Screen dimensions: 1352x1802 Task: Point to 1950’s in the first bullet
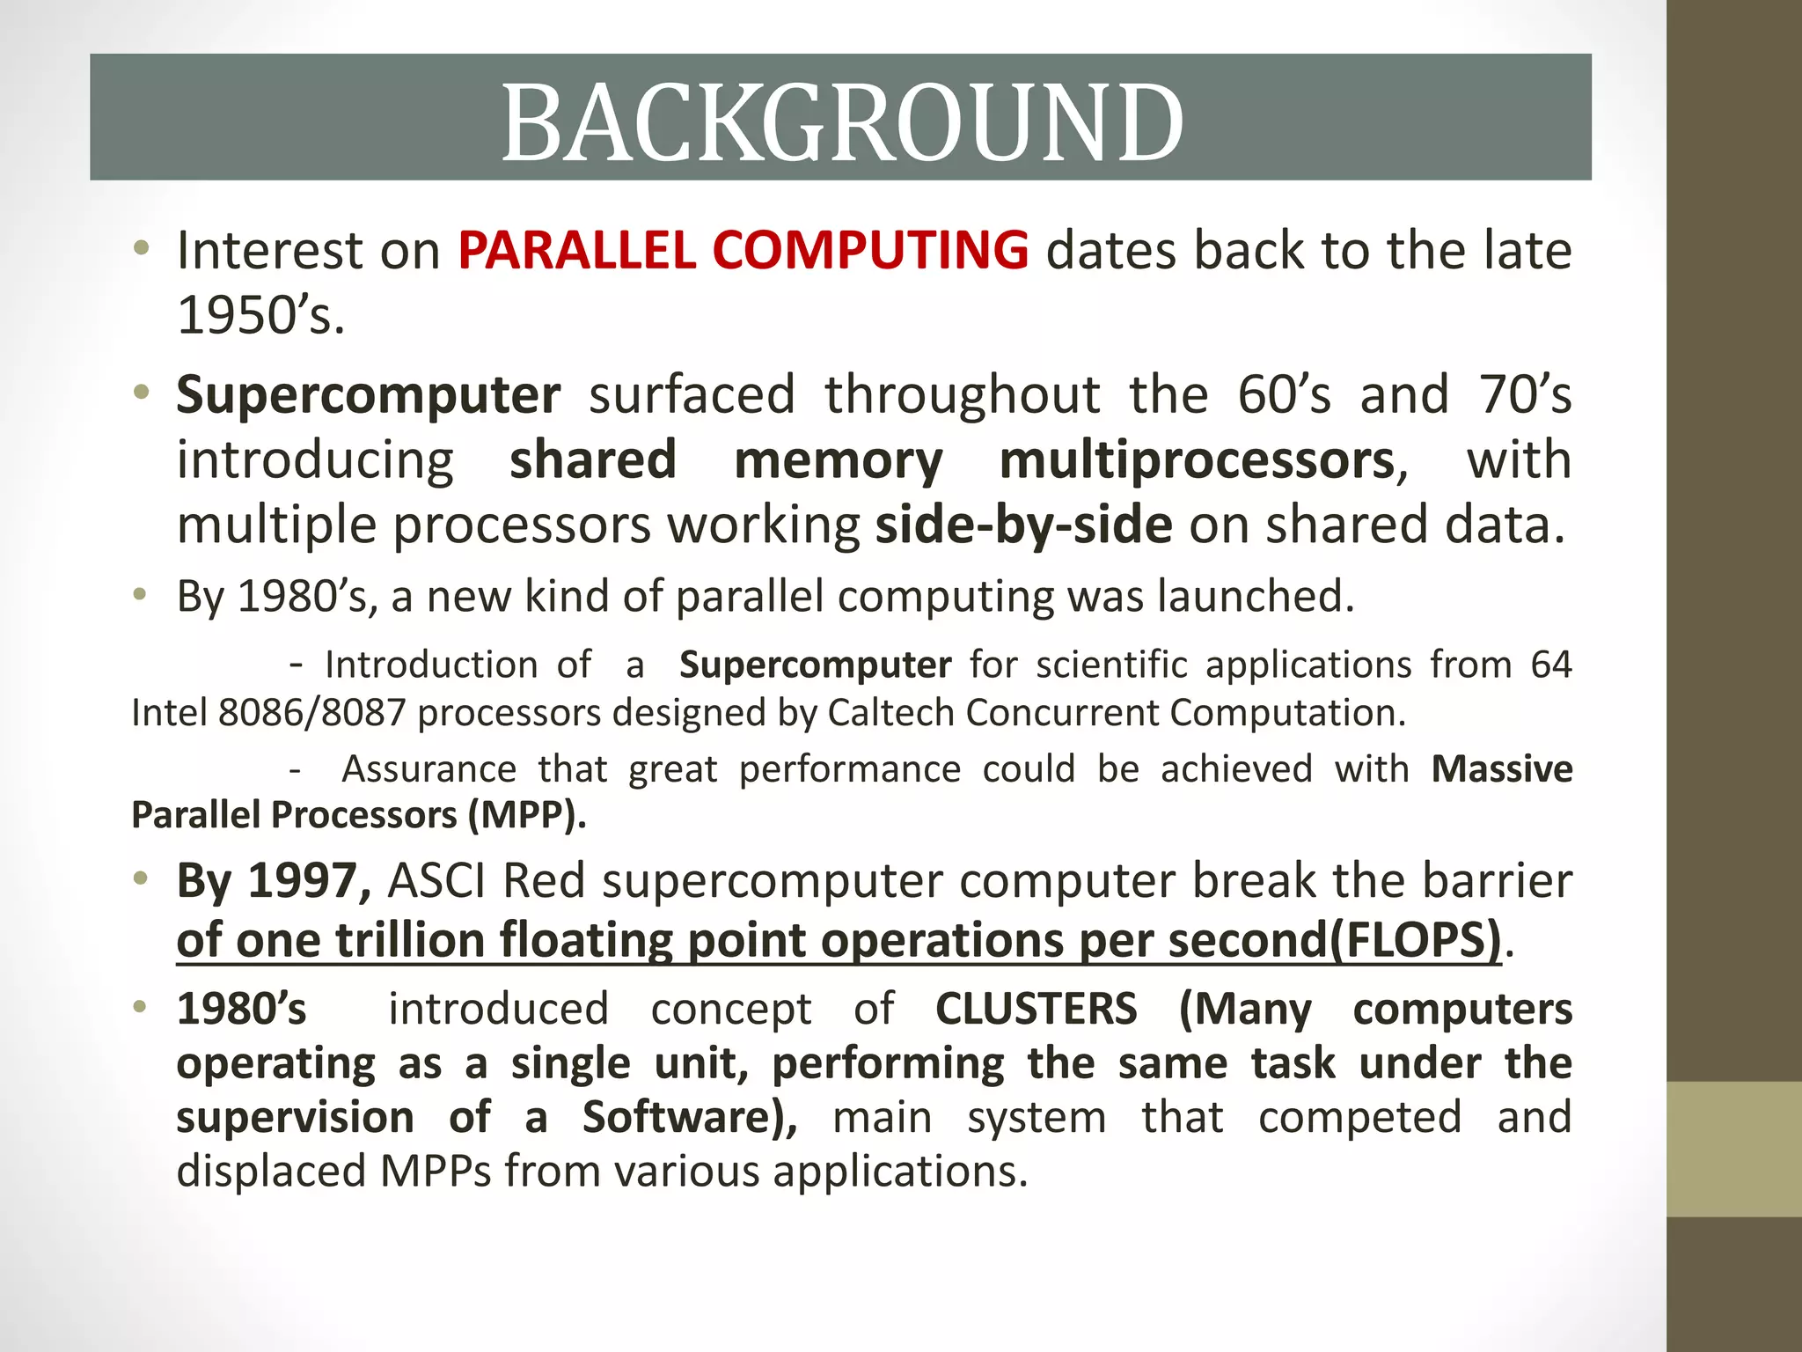(x=260, y=315)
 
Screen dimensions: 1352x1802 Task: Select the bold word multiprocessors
(x=1198, y=460)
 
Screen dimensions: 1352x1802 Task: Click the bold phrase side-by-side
(x=1023, y=525)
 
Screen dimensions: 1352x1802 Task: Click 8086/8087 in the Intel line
(x=311, y=712)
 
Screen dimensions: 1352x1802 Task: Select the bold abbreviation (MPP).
(x=525, y=814)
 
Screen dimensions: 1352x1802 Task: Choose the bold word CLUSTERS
(x=1036, y=1009)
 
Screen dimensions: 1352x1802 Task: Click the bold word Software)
(x=690, y=1117)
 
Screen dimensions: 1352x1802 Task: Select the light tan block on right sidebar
(x=1733, y=1150)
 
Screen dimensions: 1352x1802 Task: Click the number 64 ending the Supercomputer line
(x=1550, y=665)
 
